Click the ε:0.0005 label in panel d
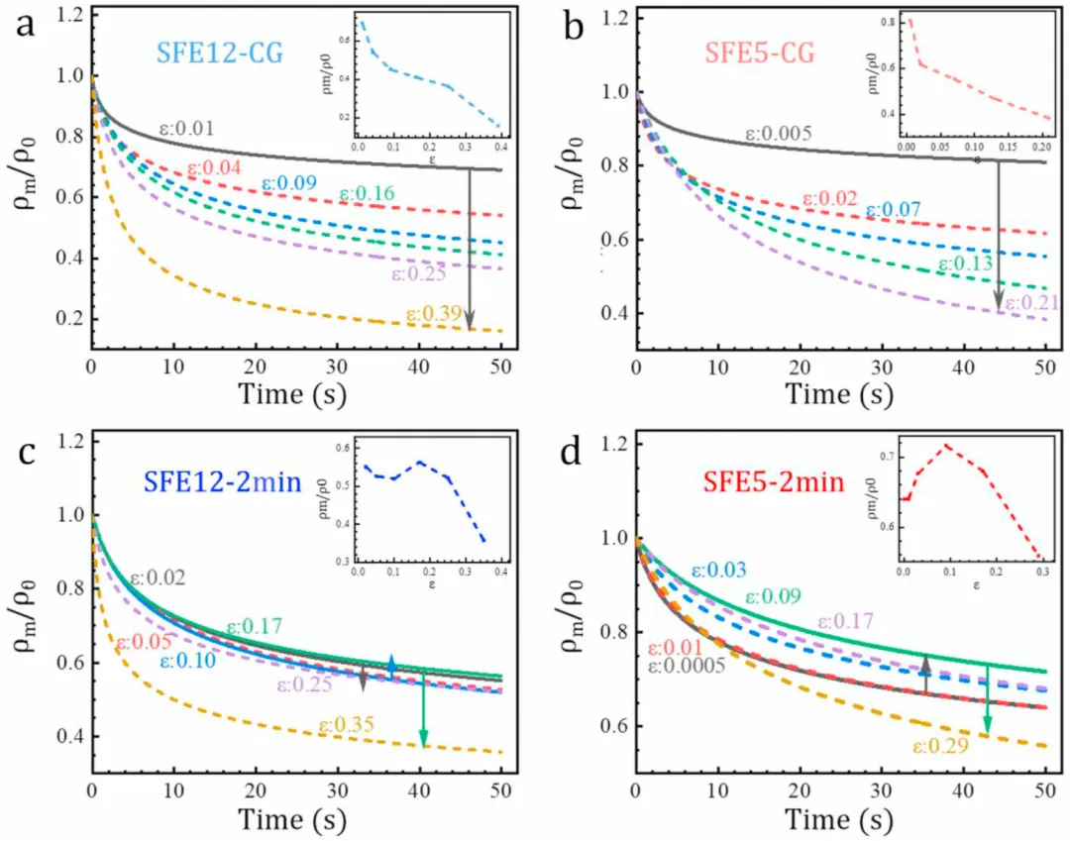click(686, 667)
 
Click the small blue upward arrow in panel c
click(391, 666)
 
